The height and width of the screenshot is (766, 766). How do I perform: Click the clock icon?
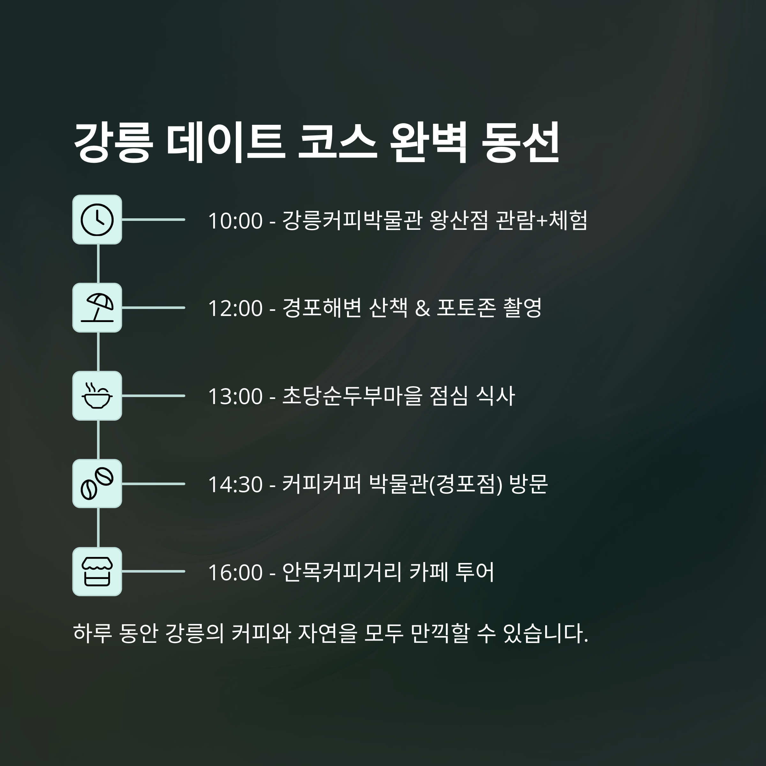(x=97, y=220)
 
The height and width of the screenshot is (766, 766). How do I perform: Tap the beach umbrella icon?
(x=97, y=308)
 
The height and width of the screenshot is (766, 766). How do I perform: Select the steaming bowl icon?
(x=97, y=396)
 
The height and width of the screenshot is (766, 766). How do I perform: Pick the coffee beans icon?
(x=97, y=484)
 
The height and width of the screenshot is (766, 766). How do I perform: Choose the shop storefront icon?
(x=97, y=571)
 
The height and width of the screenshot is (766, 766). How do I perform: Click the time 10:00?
(x=235, y=221)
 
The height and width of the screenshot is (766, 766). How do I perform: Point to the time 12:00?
(x=235, y=308)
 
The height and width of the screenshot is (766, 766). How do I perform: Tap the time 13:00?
(x=235, y=396)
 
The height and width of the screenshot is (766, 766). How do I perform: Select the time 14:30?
(x=235, y=484)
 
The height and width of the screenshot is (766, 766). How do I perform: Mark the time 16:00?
(x=235, y=573)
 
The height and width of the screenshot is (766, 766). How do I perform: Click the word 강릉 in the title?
(x=113, y=142)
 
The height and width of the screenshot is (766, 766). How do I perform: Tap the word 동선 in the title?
(x=520, y=142)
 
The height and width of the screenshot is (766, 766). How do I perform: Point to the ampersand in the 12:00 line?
(x=422, y=308)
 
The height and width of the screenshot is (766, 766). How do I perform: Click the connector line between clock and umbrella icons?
(x=98, y=264)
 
